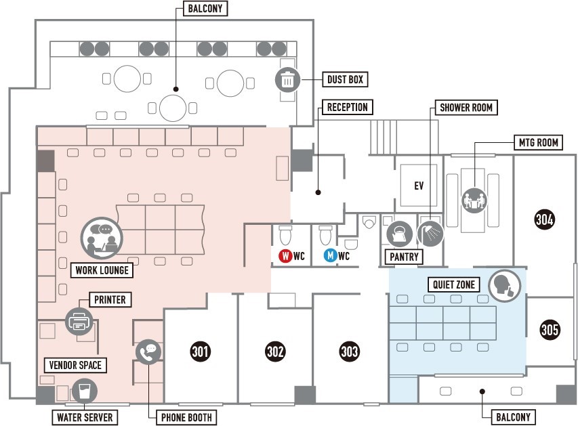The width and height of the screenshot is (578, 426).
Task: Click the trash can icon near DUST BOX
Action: pos(288,80)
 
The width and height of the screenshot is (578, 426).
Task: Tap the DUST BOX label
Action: pos(346,80)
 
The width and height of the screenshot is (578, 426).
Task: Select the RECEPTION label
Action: pos(347,107)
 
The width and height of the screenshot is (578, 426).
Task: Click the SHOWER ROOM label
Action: pos(466,108)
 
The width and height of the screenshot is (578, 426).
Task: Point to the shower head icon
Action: pos(430,234)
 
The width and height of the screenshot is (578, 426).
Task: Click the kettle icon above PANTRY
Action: pos(398,234)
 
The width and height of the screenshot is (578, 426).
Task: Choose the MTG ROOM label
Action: pos(538,143)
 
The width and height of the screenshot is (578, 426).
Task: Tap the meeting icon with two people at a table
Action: pos(474,200)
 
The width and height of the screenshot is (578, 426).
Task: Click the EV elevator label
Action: pos(419,185)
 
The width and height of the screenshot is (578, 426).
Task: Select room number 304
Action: pos(545,219)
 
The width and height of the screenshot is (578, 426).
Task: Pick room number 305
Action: pos(550,330)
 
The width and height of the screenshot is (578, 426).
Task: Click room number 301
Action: pos(200,352)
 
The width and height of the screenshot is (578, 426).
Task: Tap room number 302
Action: pos(275,352)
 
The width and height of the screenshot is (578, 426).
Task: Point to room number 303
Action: pos(350,352)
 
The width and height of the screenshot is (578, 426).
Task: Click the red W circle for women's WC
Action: pos(285,256)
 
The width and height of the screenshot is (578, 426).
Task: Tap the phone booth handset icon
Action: pos(148,352)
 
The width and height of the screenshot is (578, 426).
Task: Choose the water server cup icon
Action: pos(85,391)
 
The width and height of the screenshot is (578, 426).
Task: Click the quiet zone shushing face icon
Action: pos(504,284)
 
